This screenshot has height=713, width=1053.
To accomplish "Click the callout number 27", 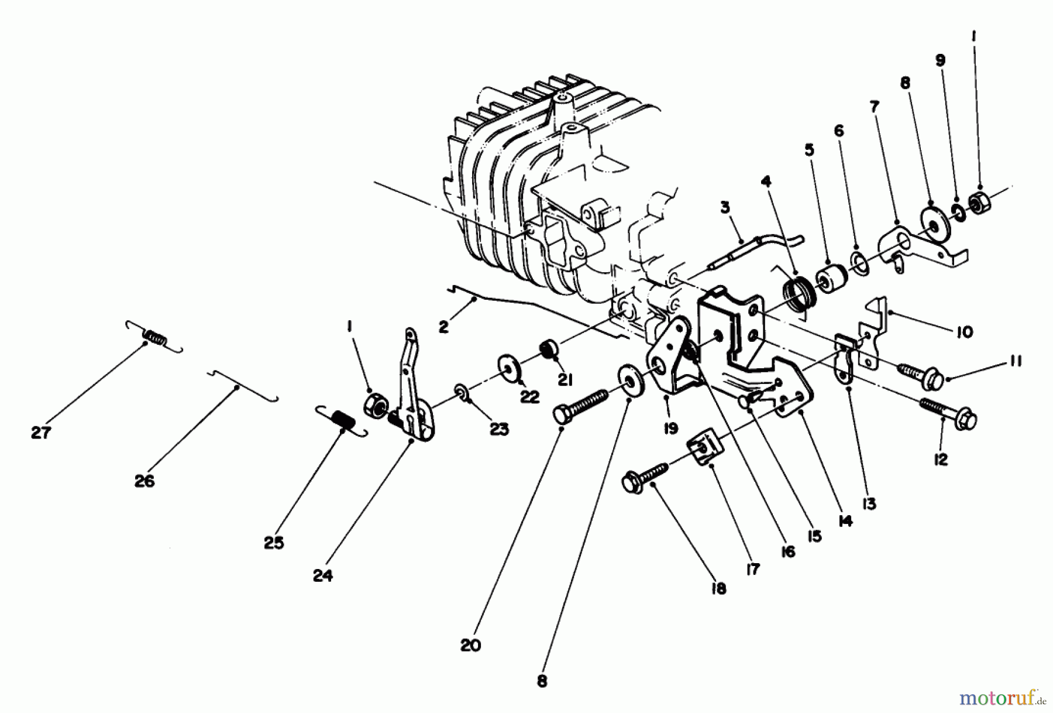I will pyautogui.click(x=41, y=433).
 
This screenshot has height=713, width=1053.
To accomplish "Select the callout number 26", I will pyautogui.click(x=144, y=481).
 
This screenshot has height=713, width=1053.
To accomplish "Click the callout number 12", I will pyautogui.click(x=941, y=460).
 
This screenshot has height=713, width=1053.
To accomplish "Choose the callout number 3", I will pyautogui.click(x=725, y=207).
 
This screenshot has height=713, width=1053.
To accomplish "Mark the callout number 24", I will pyautogui.click(x=322, y=575).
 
